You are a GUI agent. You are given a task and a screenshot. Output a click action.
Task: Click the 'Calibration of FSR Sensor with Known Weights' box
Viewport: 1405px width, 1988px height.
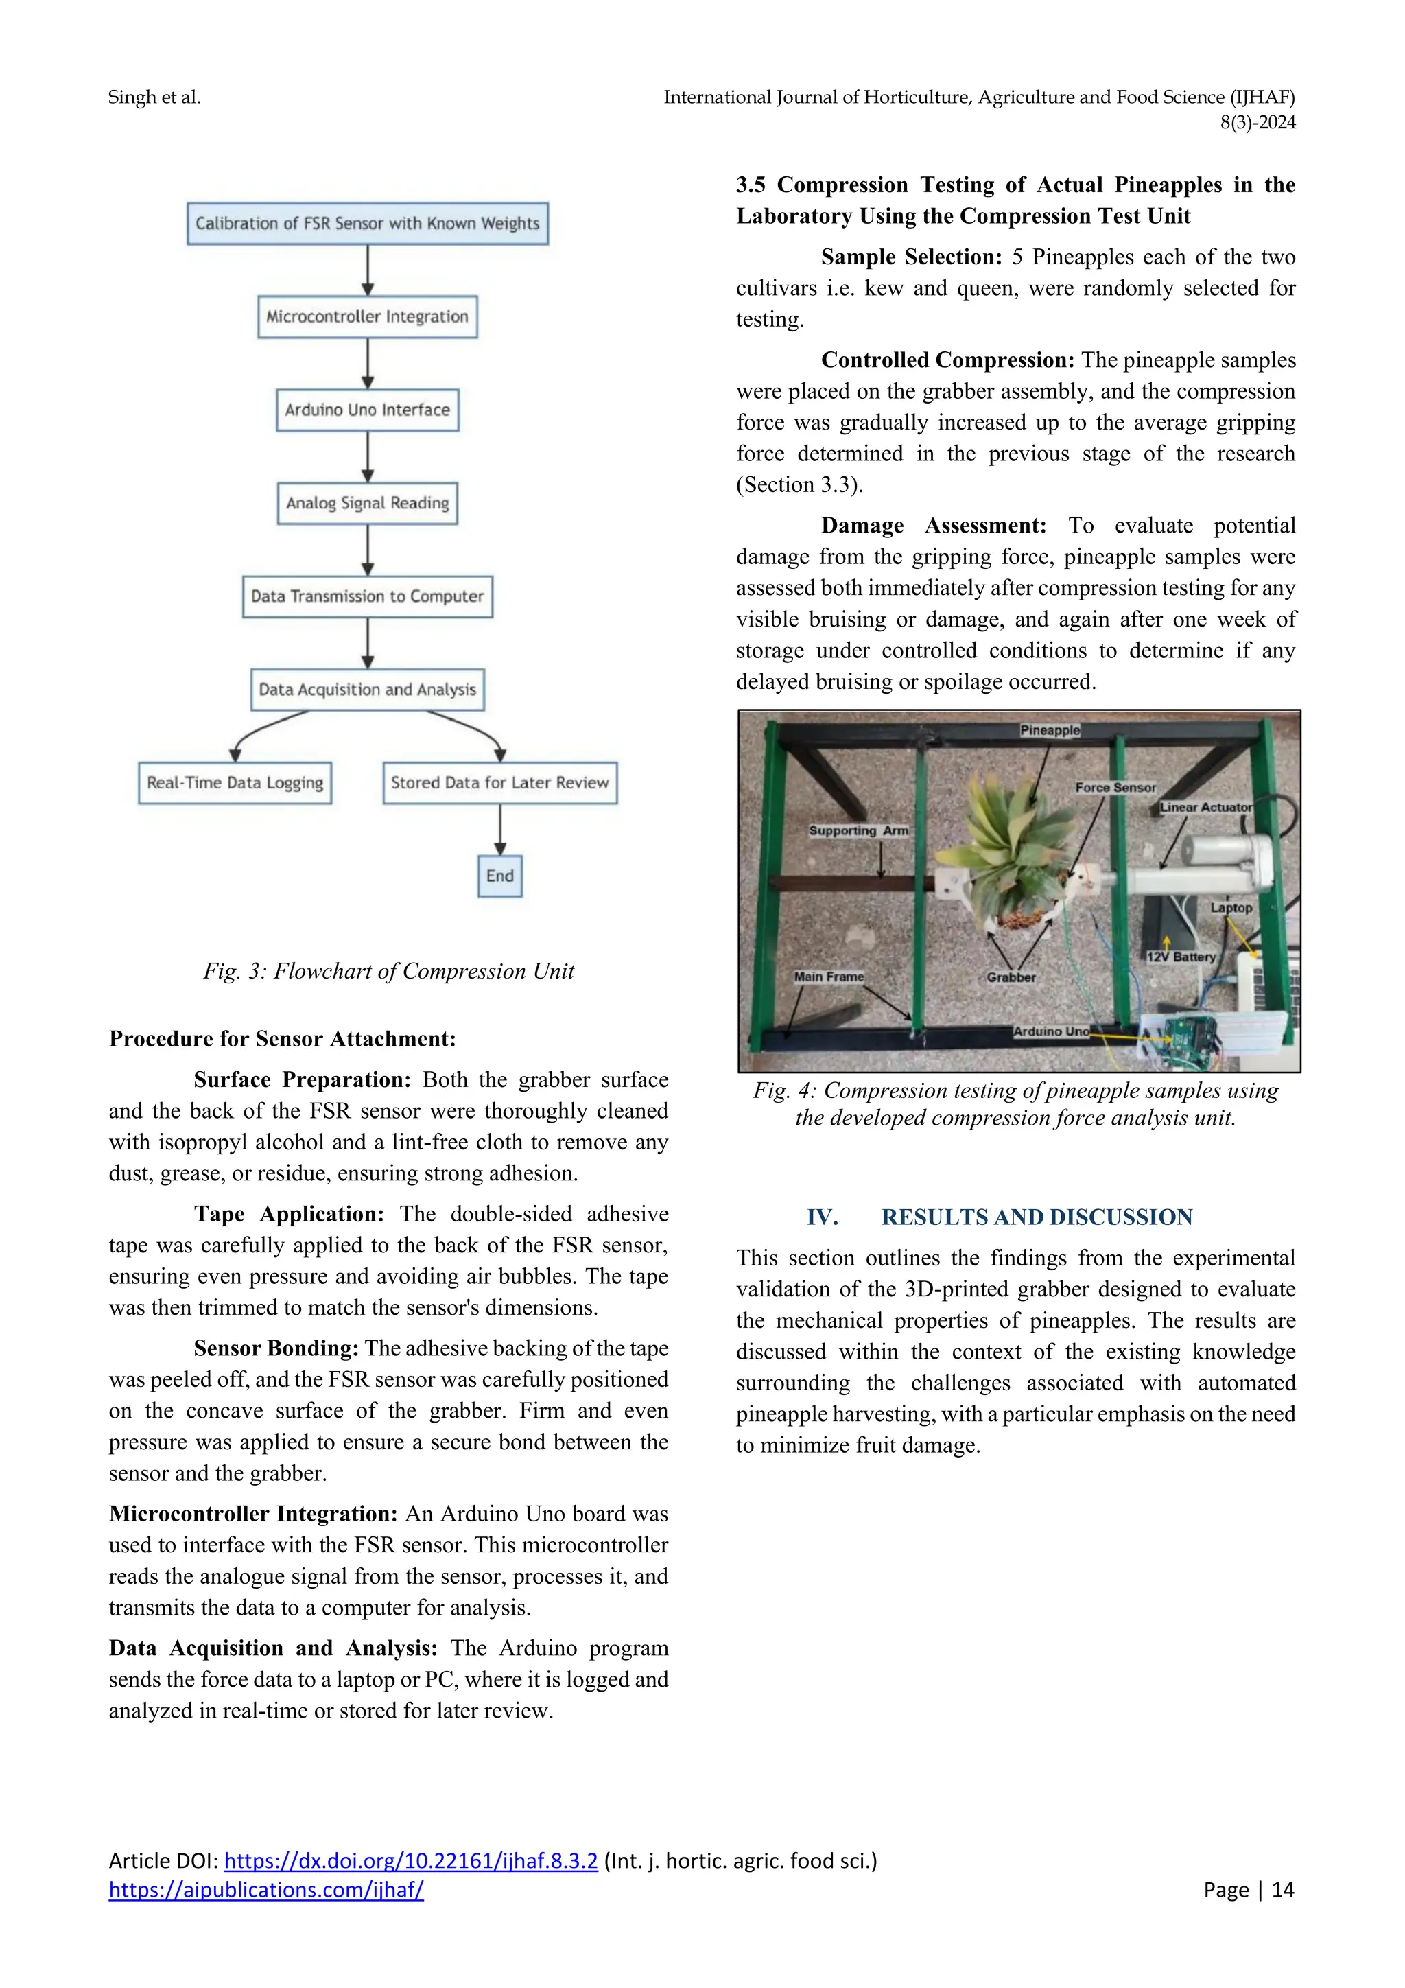367,224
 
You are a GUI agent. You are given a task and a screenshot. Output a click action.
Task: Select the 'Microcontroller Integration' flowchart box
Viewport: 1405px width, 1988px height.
367,317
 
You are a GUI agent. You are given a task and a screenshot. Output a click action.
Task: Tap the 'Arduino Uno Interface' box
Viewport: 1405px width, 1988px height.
367,410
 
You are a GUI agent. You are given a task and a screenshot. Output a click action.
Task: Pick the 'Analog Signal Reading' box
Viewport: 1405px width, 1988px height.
367,503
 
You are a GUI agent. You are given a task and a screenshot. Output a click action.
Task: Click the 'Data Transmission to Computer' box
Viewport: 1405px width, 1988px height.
367,596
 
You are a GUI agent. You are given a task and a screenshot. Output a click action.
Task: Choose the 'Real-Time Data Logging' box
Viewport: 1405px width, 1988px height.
235,783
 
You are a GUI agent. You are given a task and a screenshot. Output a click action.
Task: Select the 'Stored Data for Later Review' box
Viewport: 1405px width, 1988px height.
499,783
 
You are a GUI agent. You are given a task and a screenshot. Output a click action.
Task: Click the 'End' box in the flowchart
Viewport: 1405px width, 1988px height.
499,876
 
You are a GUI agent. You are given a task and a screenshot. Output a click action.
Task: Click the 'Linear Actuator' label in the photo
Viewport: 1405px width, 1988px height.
1206,807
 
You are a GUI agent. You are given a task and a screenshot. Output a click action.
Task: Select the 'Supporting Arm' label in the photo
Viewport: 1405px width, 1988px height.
858,830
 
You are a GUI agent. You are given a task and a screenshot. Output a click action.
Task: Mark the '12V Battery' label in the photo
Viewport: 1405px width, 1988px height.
1181,957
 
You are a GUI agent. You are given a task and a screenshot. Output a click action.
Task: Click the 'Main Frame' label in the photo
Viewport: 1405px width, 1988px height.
829,977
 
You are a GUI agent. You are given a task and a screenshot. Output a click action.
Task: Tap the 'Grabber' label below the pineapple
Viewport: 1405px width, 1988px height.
1011,978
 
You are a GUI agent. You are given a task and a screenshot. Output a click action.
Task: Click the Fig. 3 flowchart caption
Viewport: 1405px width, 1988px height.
389,972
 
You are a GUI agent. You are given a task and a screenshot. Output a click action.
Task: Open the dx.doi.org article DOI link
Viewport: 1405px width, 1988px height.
410,1861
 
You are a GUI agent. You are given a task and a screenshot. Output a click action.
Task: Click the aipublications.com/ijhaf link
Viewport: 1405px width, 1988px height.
265,1890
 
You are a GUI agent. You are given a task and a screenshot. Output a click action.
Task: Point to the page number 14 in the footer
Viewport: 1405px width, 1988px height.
1282,1890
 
